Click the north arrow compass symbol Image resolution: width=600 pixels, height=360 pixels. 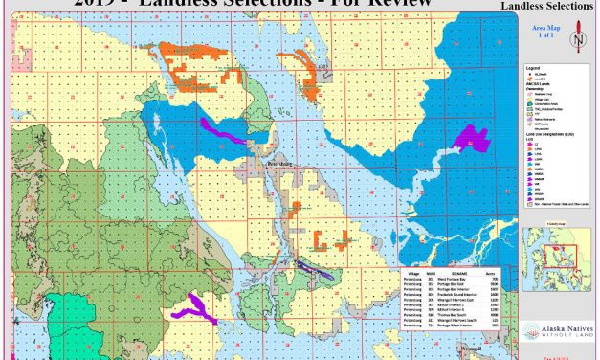576,40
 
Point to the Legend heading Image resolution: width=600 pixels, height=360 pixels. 536,68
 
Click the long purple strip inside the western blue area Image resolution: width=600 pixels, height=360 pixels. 224,130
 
